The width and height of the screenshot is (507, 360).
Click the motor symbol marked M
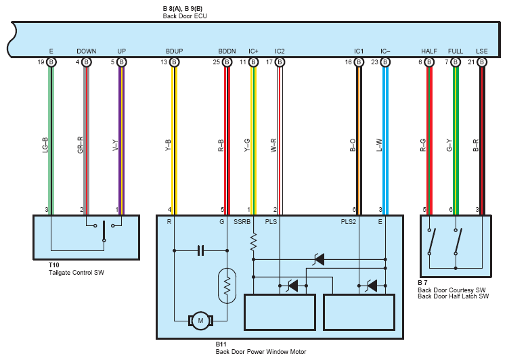pos(200,321)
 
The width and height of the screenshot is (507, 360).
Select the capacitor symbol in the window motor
pos(200,250)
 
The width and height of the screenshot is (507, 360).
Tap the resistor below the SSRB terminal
pos(253,242)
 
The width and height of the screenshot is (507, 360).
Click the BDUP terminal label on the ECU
pos(174,51)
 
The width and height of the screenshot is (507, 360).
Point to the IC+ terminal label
pos(253,51)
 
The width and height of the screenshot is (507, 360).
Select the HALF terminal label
pos(429,51)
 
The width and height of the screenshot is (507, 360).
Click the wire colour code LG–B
pos(45,145)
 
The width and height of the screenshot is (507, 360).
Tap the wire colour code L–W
pos(379,145)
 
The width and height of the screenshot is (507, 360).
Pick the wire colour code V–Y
pos(116,145)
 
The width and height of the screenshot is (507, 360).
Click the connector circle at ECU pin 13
pos(174,62)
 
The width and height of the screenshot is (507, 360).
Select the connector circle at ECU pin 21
pos(482,62)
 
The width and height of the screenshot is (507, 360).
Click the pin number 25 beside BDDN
pos(217,62)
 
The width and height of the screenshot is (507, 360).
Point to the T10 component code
pos(54,265)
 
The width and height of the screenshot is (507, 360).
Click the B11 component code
pos(221,344)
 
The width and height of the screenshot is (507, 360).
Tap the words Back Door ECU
pos(185,16)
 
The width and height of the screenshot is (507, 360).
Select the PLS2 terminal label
pos(348,222)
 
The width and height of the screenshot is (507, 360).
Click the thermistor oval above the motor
pos(227,286)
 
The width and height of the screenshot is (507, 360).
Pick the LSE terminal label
pos(482,51)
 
